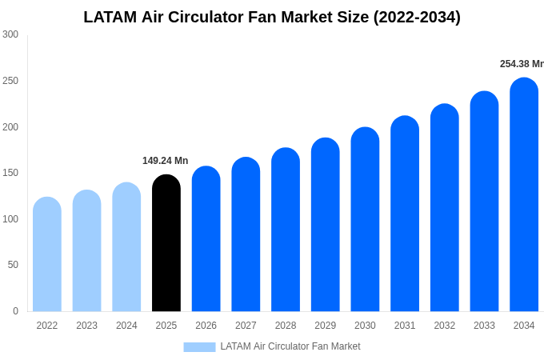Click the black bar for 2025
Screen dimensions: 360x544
pos(166,243)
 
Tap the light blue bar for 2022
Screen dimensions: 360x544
pos(47,254)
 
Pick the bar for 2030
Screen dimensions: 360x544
pos(365,219)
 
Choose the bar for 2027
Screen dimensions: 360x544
pos(246,234)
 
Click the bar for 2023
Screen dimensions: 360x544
pos(86,250)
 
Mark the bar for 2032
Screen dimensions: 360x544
pos(444,208)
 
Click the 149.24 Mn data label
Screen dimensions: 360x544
pos(165,161)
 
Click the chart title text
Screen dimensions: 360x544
pos(272,17)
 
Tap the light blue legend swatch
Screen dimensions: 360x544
pos(199,347)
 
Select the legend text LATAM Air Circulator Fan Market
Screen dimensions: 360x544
pos(290,346)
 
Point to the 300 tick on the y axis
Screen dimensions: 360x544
pos(10,34)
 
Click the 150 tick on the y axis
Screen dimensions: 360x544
pos(10,173)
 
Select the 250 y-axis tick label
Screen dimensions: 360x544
pos(10,81)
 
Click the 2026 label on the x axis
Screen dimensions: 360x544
pos(206,326)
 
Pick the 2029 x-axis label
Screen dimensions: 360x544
pos(325,326)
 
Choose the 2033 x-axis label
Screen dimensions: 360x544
pos(484,326)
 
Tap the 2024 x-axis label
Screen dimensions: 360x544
pos(126,326)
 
